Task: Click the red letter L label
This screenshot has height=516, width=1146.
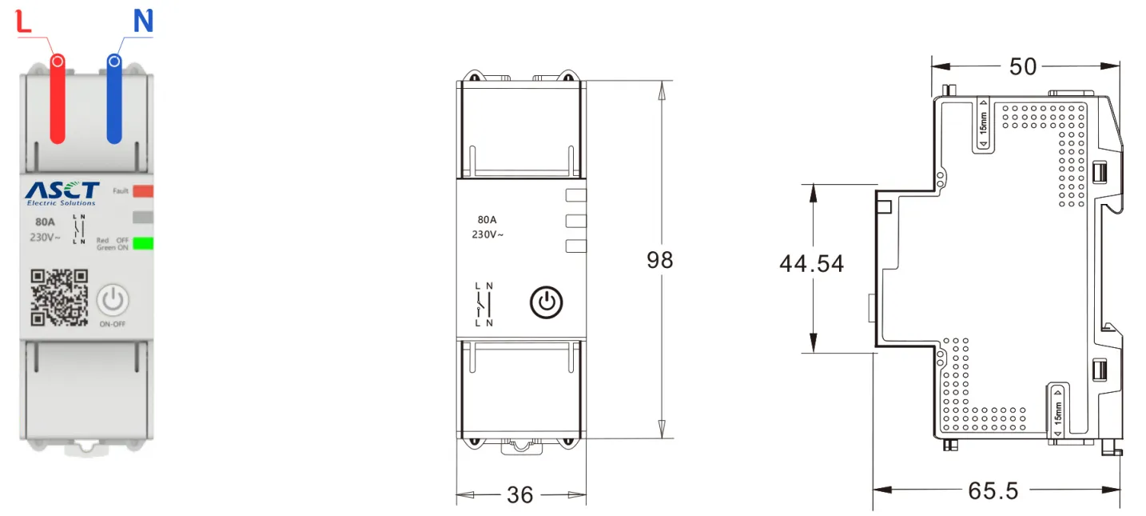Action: [x=24, y=22]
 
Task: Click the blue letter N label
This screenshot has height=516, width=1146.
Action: [x=143, y=22]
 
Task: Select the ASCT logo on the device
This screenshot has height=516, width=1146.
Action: [x=62, y=190]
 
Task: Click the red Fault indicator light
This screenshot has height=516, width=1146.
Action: [x=143, y=191]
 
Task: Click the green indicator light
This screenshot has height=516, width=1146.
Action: [x=143, y=244]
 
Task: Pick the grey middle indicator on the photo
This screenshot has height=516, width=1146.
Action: [x=143, y=217]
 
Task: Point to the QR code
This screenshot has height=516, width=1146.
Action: [x=59, y=298]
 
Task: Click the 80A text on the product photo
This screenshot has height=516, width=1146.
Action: [x=45, y=222]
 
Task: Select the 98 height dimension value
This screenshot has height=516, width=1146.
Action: [x=660, y=260]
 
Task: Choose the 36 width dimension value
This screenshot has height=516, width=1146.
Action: [x=520, y=495]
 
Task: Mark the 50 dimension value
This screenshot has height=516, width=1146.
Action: [x=1023, y=66]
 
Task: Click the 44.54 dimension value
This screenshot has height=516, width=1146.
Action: [x=811, y=263]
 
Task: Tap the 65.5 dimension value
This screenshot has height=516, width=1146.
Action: [x=993, y=490]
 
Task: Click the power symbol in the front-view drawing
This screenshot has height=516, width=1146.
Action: [x=547, y=302]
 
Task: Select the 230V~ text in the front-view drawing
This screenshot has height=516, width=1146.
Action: [x=487, y=234]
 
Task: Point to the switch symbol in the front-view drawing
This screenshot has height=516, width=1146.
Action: [x=483, y=304]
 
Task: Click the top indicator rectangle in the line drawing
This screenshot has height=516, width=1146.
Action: [x=575, y=194]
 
